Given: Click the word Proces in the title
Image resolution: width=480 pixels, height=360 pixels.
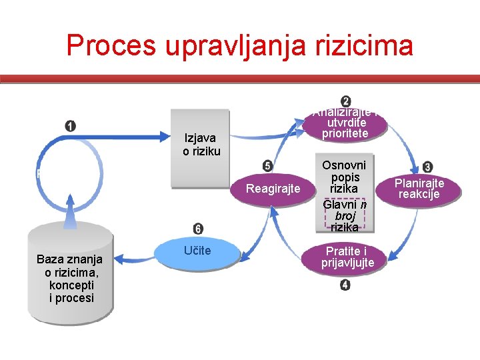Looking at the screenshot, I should click(x=113, y=45).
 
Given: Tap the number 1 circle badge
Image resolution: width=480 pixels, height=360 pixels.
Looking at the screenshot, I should click(x=71, y=126).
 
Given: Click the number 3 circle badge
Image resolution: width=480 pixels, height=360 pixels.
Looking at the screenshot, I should click(x=427, y=167).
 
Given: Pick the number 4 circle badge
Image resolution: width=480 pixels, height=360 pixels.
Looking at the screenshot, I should click(x=345, y=285).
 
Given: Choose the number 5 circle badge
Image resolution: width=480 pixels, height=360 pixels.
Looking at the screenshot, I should click(x=267, y=166).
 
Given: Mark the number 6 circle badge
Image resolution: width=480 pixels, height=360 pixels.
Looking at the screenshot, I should click(x=199, y=229).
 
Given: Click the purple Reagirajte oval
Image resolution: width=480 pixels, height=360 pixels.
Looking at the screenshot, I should click(x=273, y=189).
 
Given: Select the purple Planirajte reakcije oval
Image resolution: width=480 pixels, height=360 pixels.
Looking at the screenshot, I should click(x=419, y=189).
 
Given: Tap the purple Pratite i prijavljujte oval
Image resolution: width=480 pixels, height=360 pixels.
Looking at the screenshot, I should click(x=345, y=257).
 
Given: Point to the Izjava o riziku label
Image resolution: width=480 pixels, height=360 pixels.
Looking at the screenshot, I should click(x=201, y=145).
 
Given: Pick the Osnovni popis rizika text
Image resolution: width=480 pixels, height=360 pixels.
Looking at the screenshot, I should click(x=344, y=177).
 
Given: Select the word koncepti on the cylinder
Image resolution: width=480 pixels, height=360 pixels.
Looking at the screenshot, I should click(x=70, y=285).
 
